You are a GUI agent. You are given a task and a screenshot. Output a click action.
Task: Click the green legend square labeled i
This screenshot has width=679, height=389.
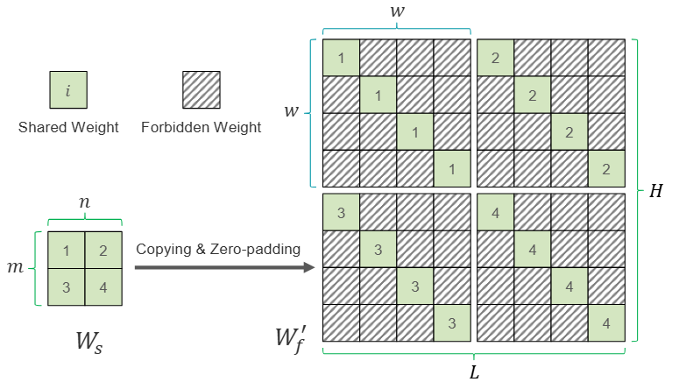(x=67, y=90)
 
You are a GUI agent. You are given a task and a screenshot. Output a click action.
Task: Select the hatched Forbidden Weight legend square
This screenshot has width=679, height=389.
(x=201, y=90)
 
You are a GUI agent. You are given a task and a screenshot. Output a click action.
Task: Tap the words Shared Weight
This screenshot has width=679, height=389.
(x=68, y=128)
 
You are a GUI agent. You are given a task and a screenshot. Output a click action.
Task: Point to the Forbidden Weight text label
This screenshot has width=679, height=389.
(x=201, y=128)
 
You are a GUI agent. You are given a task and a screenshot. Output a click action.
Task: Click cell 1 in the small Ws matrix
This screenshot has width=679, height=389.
(x=67, y=251)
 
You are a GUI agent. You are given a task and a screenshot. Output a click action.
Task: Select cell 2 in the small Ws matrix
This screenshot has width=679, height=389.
(x=103, y=251)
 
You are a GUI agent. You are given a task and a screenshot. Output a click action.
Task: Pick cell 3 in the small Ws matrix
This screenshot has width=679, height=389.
(x=67, y=287)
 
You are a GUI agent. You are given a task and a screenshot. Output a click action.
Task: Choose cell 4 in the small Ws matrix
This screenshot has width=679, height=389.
(x=103, y=287)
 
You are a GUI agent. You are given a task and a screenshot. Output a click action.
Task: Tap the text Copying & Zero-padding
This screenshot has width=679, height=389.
(x=218, y=250)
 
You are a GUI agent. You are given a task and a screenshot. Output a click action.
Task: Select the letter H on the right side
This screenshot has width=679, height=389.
(x=655, y=192)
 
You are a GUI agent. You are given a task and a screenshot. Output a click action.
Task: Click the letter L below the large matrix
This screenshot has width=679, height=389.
(x=474, y=371)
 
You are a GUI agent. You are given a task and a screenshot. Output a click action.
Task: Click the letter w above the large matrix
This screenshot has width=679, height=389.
(x=396, y=12)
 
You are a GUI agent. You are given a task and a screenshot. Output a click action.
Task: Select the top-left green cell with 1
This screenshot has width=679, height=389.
(x=341, y=58)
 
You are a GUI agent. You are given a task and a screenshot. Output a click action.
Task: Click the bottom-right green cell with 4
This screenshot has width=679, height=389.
(x=605, y=322)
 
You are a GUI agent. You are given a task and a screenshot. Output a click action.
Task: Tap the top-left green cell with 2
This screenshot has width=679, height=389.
(x=495, y=58)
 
